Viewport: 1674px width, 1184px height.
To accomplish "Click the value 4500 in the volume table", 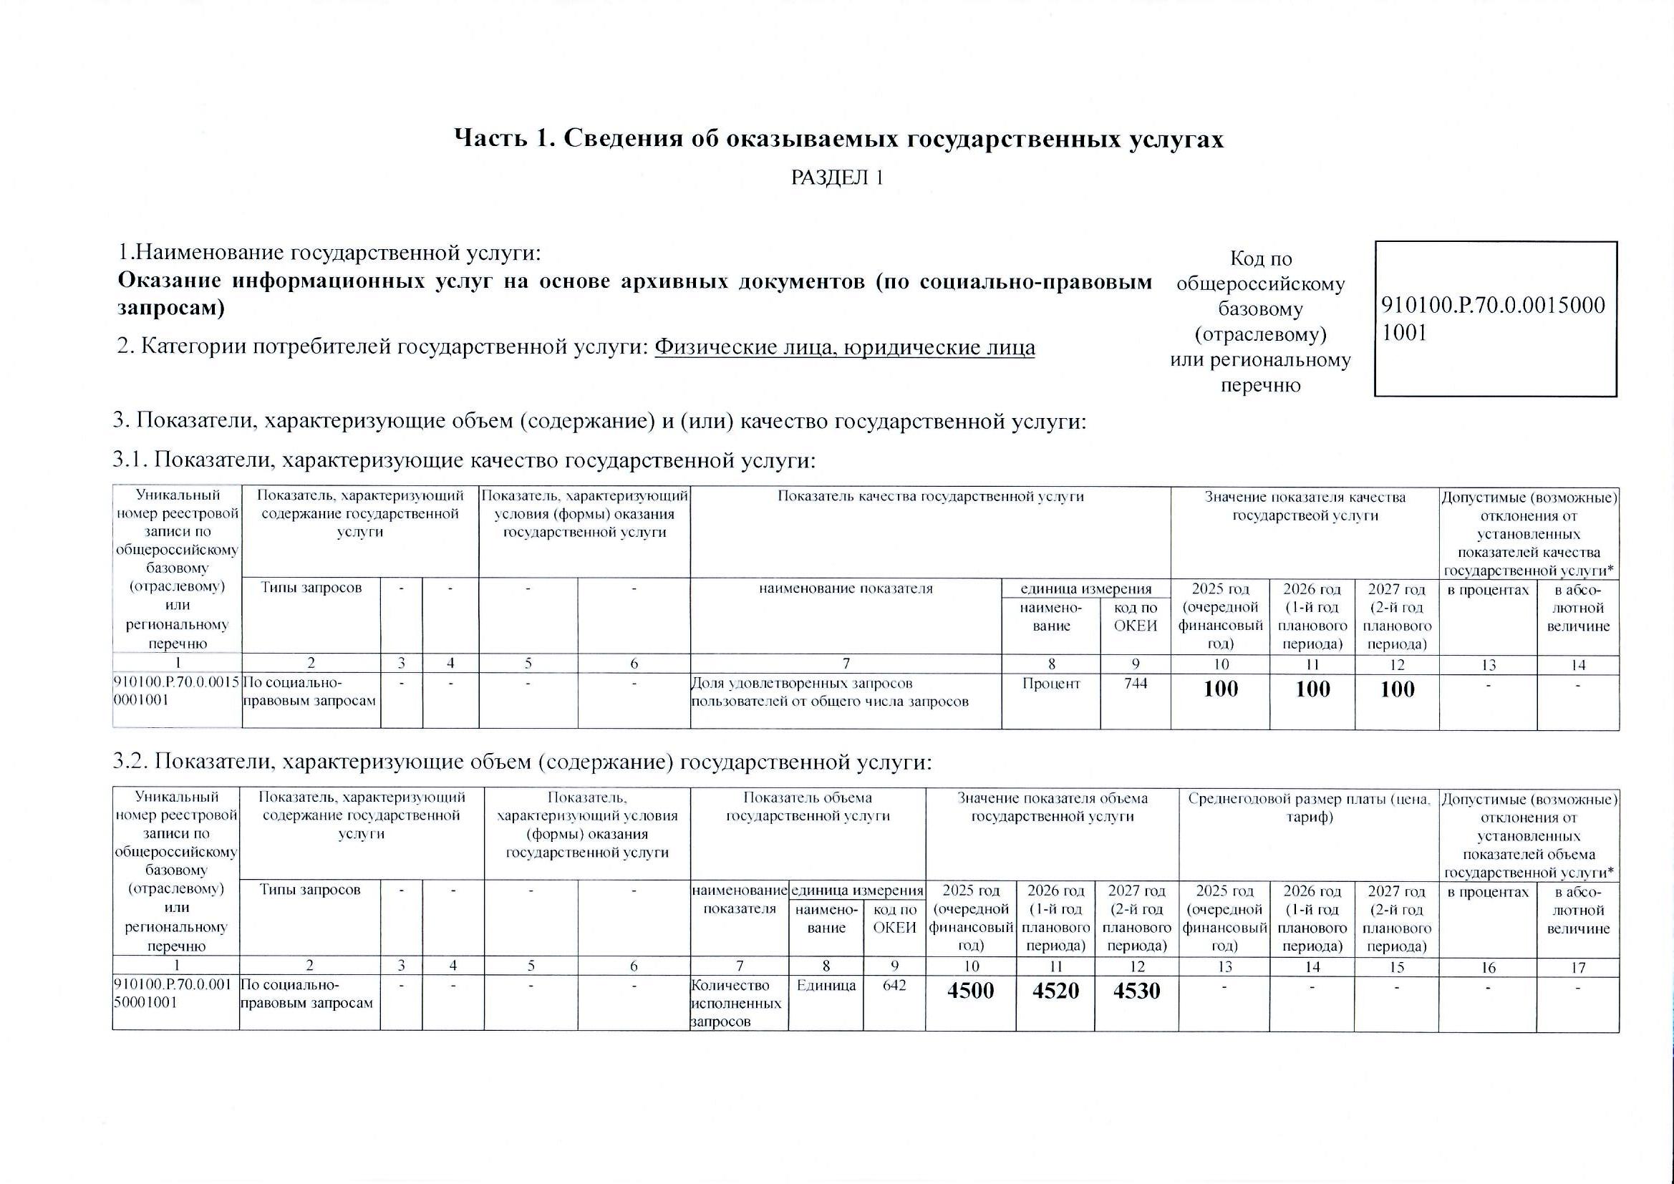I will pos(970,991).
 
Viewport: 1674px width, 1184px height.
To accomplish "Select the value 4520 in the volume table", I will pos(1055,991).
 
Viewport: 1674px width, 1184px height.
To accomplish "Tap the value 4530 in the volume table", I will pos(1136,991).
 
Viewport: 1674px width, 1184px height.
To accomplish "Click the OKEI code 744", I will pos(1135,684).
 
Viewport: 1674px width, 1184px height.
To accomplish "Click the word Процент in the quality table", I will pos(1050,684).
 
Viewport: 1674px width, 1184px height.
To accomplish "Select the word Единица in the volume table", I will pos(826,985).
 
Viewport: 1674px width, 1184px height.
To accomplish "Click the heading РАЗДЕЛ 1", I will pos(837,178).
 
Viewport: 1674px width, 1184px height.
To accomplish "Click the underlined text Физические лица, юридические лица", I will pos(844,347).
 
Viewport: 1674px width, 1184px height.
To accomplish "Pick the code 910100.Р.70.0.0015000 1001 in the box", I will pos(1493,319).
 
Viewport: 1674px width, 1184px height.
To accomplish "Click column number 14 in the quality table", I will pos(1578,665).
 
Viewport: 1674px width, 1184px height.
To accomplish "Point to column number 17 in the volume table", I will pos(1578,968).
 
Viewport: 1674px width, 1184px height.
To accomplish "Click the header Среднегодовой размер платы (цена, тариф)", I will pos(1309,807).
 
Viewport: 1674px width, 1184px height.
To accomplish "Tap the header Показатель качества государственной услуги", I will pos(930,498).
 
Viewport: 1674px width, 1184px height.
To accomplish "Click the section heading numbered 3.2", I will pos(522,762).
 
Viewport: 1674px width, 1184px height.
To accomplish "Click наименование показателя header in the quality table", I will pos(846,588).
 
